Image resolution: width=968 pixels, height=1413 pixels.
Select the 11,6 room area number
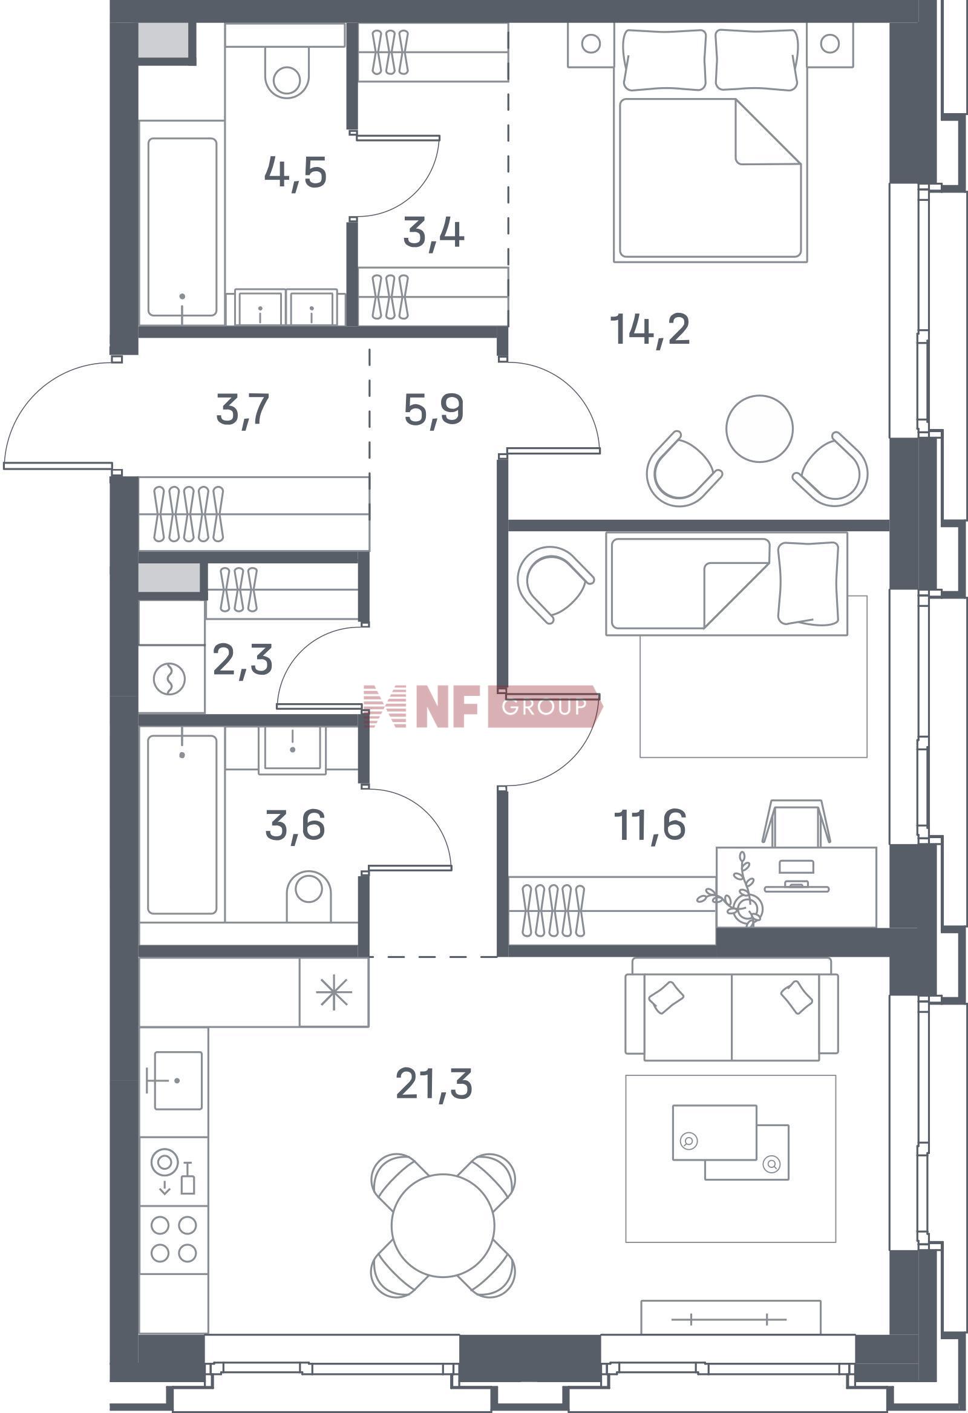pos(649,825)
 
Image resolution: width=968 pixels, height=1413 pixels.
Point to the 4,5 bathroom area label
pos(295,173)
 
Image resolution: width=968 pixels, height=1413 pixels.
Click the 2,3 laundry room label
pos(243,660)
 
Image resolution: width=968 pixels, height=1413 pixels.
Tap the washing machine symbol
pos(169,678)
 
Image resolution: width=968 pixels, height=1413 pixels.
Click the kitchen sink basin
pos(177,1080)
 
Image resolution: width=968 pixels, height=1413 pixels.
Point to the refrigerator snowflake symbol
pos(334,995)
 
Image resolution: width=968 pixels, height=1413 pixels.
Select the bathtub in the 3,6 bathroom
pos(182,824)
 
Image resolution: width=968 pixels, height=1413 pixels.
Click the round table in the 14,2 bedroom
pos(759,428)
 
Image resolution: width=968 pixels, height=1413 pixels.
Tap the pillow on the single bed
pos(808,583)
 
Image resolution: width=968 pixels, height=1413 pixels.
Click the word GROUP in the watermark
pos(544,707)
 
